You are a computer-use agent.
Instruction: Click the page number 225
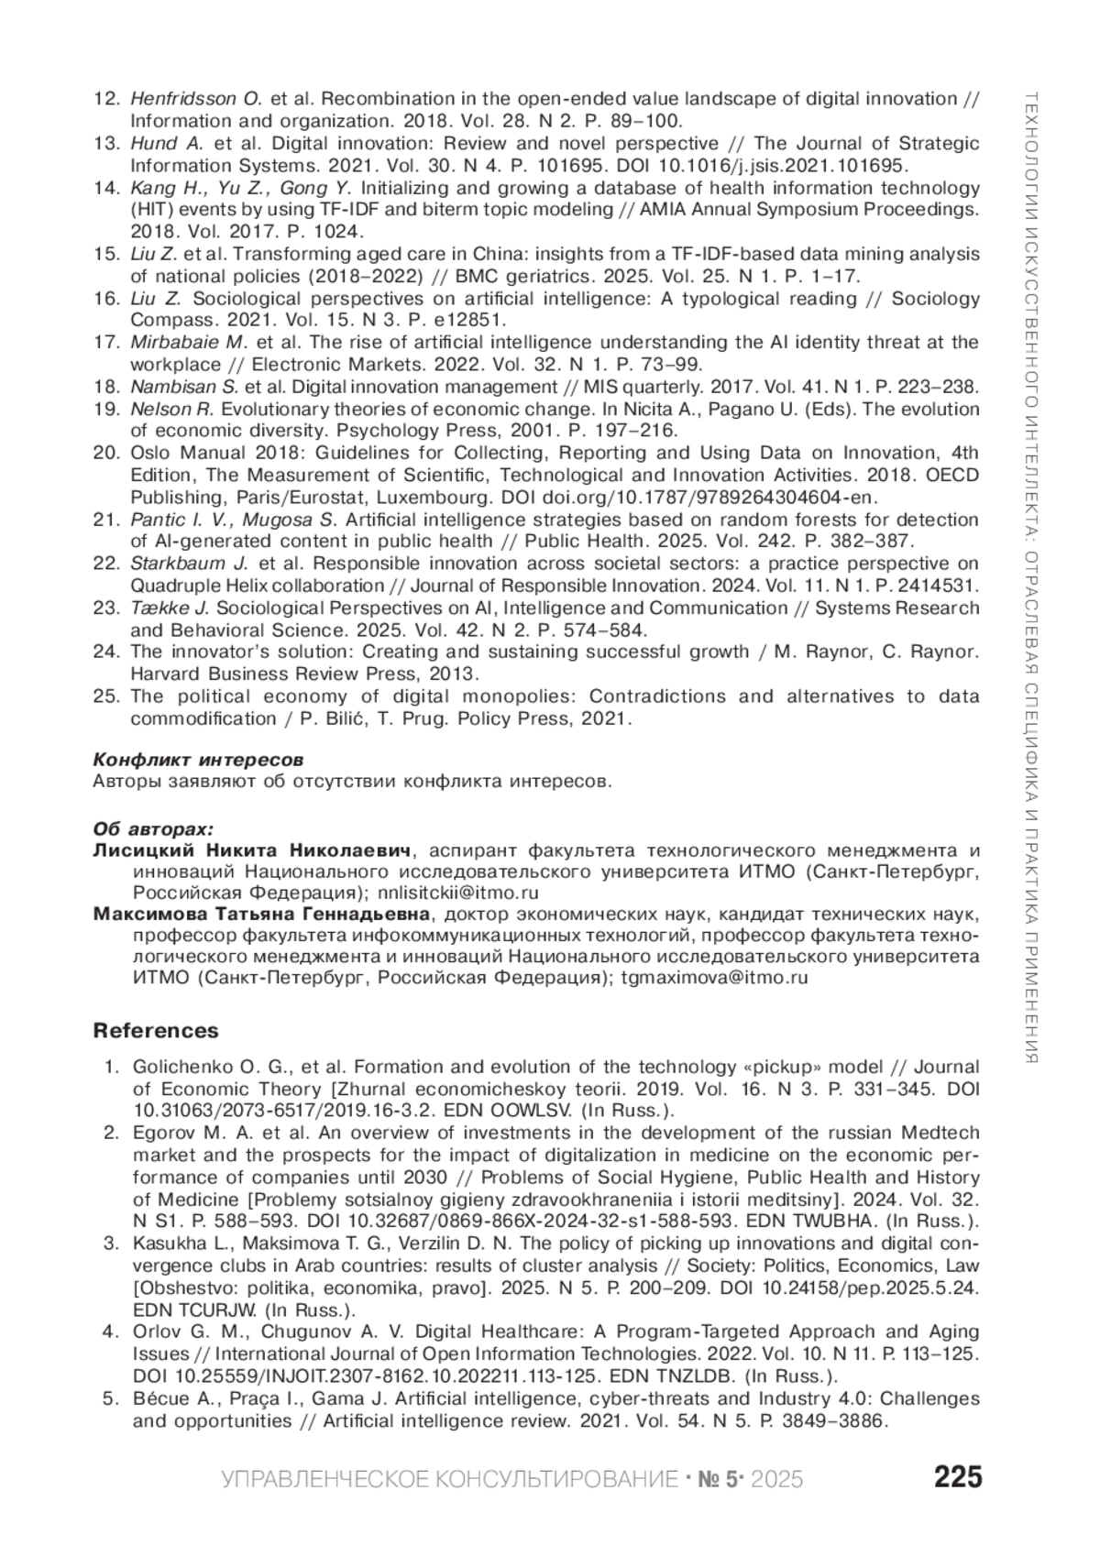pos(958,1477)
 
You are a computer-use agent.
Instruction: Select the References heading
pos(156,1031)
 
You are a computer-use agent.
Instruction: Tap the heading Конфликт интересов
pos(198,761)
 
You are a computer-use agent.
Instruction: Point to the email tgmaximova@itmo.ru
pos(714,978)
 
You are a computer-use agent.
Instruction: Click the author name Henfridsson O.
pos(196,99)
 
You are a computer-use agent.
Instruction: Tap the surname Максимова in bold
pos(149,915)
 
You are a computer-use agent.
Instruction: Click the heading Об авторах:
pos(153,828)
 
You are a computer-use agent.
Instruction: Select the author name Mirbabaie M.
pos(190,343)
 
